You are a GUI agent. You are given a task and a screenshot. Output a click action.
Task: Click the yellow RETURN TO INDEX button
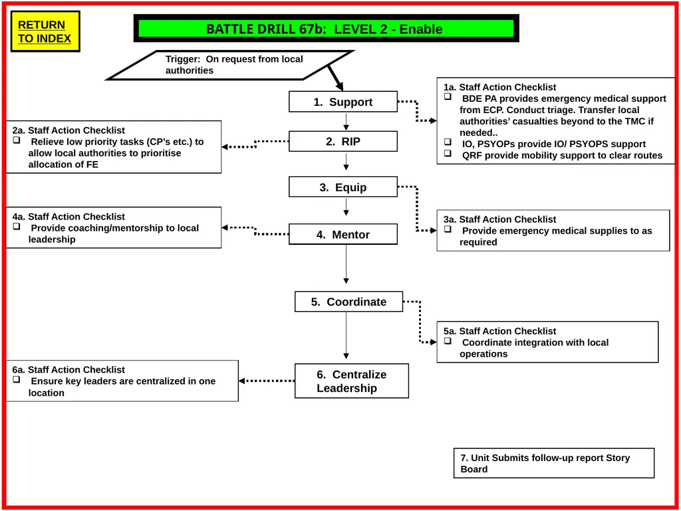coord(45,31)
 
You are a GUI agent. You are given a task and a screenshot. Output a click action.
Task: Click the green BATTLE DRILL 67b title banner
coord(326,29)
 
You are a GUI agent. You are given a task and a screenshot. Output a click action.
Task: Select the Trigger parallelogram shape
coord(230,65)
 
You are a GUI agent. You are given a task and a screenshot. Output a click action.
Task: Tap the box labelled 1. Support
coord(343,102)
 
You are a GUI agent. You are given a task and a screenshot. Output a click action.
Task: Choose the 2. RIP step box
coord(343,141)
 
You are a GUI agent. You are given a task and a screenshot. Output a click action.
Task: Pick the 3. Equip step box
coord(343,187)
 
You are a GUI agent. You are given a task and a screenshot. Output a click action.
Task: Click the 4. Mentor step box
coord(343,234)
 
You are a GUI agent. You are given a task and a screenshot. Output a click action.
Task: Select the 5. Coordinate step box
coord(348,301)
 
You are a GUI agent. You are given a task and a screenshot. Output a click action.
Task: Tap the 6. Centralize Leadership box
coord(352,381)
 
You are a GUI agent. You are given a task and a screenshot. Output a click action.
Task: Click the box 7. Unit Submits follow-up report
coord(554,463)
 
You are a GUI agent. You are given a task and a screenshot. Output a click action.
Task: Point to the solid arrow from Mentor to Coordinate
coord(346,265)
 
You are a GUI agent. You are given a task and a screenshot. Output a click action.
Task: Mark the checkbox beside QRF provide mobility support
coord(448,154)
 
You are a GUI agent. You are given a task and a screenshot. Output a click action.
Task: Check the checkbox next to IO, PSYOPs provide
coord(448,142)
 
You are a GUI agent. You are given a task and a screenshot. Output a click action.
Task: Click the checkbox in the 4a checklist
coord(17,226)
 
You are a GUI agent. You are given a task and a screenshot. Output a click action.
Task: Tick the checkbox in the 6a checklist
coord(17,379)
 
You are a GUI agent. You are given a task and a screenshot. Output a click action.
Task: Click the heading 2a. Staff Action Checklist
coord(68,130)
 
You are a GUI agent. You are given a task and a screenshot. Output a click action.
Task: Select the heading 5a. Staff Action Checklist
coord(500,331)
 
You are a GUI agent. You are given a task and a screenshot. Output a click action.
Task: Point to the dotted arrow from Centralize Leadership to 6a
coord(267,381)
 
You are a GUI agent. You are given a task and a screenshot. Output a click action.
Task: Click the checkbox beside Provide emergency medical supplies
coord(448,229)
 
